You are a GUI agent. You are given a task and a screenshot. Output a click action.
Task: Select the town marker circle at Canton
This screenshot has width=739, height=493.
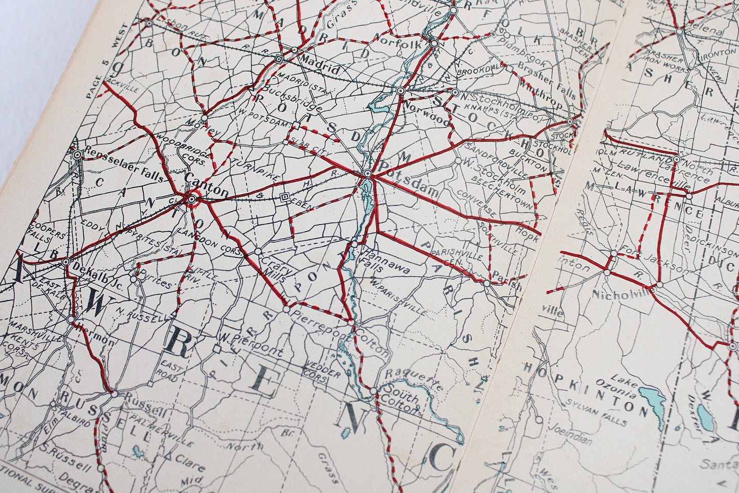[x=191, y=200]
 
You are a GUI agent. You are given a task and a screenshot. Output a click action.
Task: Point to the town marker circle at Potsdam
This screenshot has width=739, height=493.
[x=367, y=174]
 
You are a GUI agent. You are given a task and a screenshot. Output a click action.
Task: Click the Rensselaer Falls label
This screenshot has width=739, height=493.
[x=124, y=165]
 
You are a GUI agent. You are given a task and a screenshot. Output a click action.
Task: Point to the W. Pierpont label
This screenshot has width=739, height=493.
[x=250, y=345]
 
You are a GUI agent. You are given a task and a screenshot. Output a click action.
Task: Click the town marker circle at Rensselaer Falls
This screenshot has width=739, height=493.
[x=77, y=154]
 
